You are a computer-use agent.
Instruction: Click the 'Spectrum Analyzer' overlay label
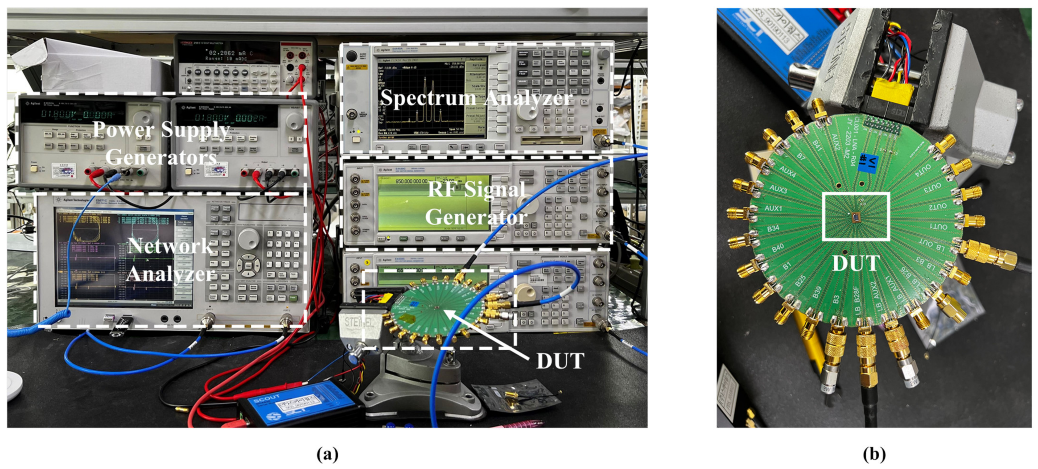(x=476, y=98)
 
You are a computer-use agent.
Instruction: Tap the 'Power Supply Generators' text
(x=161, y=143)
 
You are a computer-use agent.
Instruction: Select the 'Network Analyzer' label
(x=170, y=260)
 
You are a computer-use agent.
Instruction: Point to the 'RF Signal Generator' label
(x=476, y=204)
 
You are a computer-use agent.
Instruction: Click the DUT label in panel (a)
(x=560, y=361)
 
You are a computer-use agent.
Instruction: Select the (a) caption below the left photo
(x=327, y=454)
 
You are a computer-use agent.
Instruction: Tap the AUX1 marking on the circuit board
(x=773, y=208)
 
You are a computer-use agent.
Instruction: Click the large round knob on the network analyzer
(x=248, y=239)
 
